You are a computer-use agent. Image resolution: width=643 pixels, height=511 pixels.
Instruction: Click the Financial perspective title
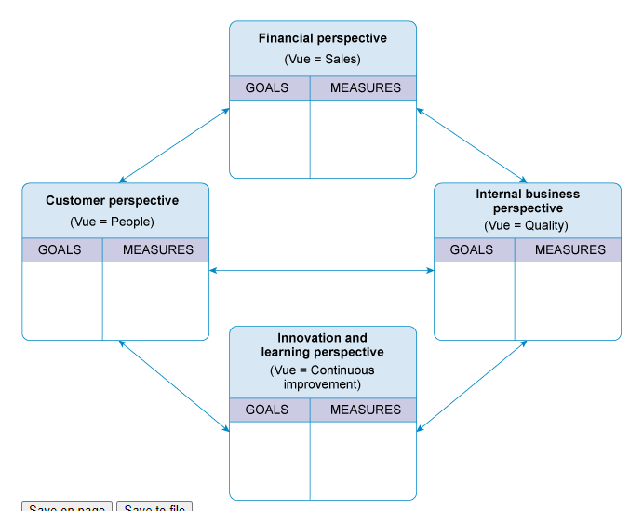tap(322, 38)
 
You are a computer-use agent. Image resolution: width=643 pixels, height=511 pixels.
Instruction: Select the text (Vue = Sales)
tap(322, 59)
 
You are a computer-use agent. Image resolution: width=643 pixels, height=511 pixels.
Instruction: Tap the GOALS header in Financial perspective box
tap(267, 88)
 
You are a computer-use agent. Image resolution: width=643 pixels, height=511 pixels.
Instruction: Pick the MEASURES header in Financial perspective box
tap(365, 88)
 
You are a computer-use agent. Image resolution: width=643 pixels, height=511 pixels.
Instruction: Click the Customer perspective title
tap(112, 200)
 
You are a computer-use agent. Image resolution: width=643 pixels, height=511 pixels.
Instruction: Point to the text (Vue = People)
tap(112, 222)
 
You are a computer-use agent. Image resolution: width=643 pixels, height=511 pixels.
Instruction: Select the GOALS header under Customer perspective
tap(60, 249)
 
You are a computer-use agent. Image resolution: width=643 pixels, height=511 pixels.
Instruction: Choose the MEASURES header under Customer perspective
tap(157, 249)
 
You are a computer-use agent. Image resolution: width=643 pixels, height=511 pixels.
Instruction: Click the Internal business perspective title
tap(527, 201)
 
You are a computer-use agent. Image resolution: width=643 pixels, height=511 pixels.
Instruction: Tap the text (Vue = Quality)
tap(527, 225)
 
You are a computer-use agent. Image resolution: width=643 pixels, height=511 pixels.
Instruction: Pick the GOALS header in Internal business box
tap(472, 249)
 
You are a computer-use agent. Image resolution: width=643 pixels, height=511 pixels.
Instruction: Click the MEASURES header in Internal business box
tap(569, 249)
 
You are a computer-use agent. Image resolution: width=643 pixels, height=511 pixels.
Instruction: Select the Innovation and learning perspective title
tap(322, 345)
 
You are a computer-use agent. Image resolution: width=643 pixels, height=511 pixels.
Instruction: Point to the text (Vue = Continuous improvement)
tap(322, 377)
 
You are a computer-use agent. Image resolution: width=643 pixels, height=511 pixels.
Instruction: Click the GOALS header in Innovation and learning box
tap(267, 410)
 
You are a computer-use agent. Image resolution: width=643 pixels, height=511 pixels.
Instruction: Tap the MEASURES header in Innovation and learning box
tap(365, 410)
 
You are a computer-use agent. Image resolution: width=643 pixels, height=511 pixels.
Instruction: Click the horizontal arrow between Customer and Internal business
tap(322, 271)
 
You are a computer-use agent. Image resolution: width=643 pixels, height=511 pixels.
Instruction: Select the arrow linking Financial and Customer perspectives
tap(175, 145)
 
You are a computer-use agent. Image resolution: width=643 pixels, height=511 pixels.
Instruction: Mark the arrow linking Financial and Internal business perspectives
tap(472, 145)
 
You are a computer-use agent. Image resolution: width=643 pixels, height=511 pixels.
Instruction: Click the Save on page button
tap(67, 507)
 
